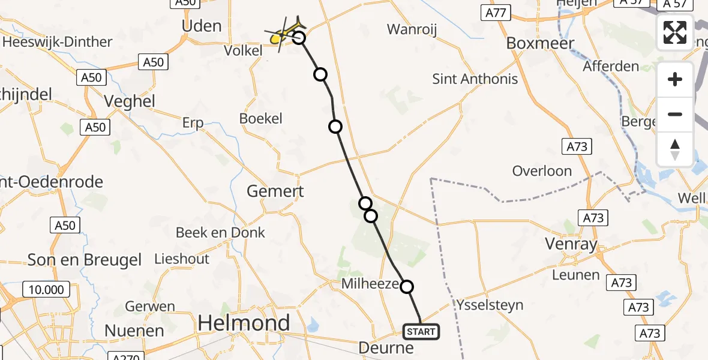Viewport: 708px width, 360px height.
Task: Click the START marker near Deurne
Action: tap(422, 331)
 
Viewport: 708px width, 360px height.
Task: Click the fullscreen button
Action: tap(675, 32)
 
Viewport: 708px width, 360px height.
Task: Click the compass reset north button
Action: tap(675, 149)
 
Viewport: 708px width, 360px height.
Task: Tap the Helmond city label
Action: tap(244, 323)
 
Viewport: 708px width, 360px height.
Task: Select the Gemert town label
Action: tap(275, 191)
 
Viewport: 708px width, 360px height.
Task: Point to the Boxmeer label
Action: tap(540, 43)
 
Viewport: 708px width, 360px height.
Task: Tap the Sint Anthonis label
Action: tap(475, 79)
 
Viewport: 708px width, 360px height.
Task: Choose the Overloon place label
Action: tap(542, 171)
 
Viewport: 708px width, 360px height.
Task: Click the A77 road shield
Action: tap(495, 13)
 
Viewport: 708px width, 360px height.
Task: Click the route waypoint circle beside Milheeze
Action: tap(407, 287)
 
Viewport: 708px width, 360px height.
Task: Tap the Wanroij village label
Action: tap(412, 29)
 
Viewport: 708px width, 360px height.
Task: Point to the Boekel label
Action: tap(260, 118)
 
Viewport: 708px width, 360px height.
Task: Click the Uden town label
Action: tap(202, 26)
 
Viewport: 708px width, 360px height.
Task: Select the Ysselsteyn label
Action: tap(489, 305)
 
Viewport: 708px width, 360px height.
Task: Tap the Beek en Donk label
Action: tap(220, 233)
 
